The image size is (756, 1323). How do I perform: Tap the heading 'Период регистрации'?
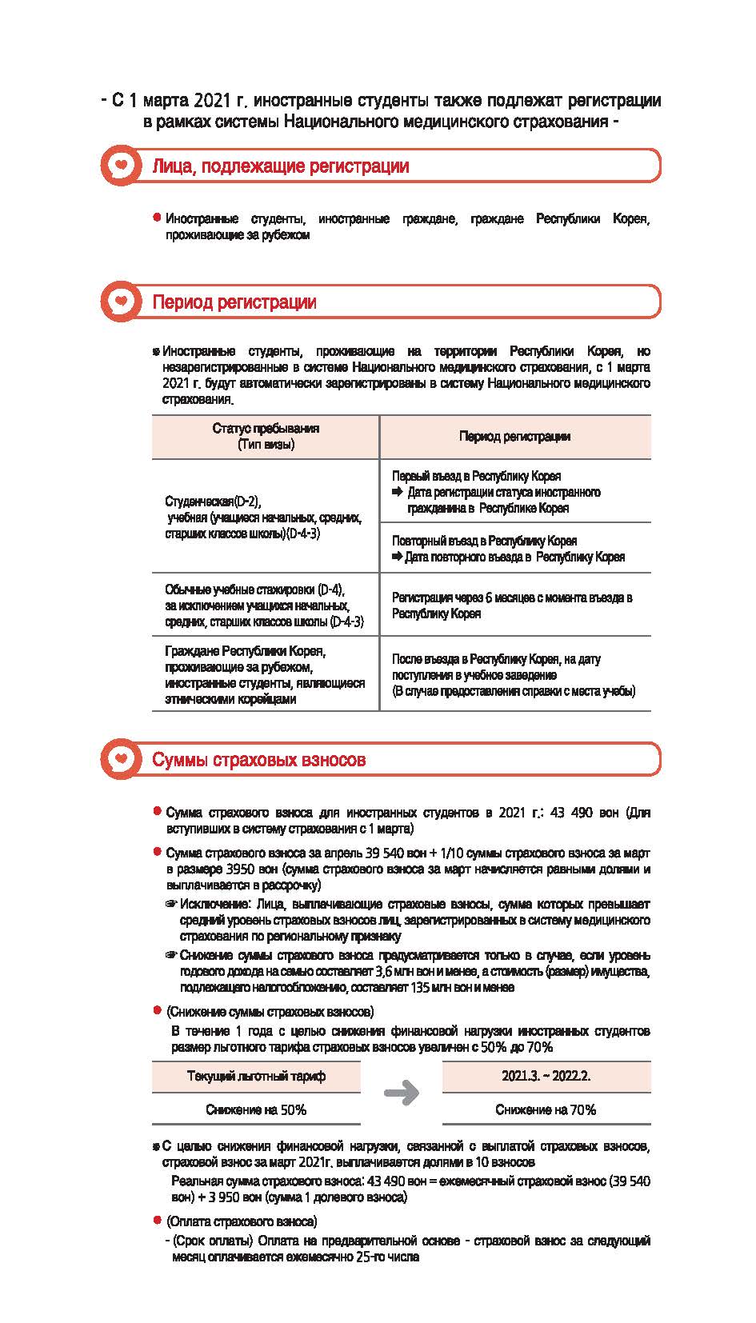click(234, 302)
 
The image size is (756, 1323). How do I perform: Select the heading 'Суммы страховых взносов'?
click(258, 760)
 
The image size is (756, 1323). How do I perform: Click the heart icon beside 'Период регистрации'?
click(120, 302)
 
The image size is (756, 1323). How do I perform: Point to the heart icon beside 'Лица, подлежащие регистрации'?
click(120, 166)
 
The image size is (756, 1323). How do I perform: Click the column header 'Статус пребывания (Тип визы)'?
click(266, 437)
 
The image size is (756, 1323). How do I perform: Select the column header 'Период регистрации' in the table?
click(514, 437)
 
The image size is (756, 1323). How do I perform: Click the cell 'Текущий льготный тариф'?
click(256, 1077)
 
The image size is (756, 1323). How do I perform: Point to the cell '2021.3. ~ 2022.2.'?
click(546, 1077)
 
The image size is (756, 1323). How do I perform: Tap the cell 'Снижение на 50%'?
click(256, 1110)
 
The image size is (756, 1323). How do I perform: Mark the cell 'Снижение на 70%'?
click(546, 1110)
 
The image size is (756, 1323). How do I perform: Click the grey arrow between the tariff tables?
click(402, 1093)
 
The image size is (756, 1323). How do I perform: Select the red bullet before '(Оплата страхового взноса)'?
click(158, 1221)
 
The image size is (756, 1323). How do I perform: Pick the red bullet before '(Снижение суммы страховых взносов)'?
click(158, 1011)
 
